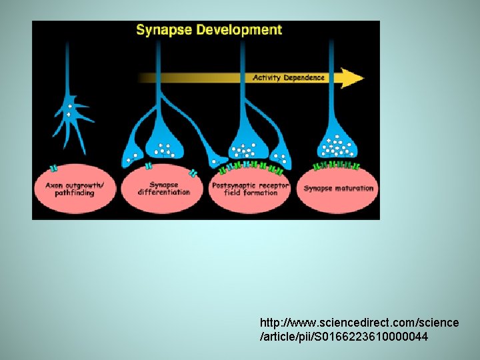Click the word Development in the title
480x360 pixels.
point(237,30)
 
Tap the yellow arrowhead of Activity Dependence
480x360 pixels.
point(351,77)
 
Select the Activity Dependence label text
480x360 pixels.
point(288,77)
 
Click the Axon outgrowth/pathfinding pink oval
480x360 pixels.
point(71,189)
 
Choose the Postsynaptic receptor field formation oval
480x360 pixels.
point(250,189)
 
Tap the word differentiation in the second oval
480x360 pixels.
point(164,193)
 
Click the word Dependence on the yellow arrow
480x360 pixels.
point(304,77)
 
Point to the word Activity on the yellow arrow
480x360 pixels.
point(267,77)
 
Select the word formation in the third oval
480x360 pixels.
point(261,193)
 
